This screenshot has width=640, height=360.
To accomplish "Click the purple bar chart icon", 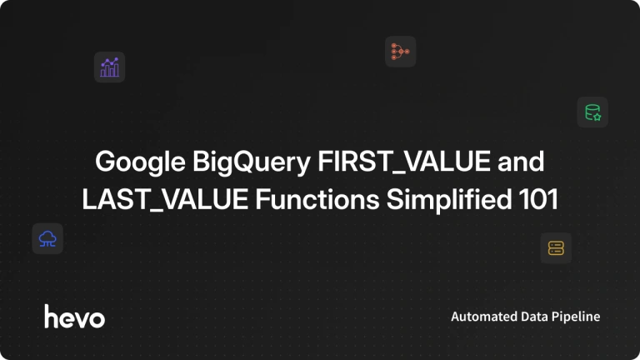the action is coord(109,67).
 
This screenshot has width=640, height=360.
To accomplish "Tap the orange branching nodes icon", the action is coord(400,52).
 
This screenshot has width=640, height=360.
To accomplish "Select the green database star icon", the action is coord(592,112).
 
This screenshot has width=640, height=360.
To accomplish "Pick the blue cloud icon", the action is coord(47,239).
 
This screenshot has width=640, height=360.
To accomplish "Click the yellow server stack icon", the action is coord(556,248).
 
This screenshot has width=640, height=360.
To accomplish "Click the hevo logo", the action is coord(75,317).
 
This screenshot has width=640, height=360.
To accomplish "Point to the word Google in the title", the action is coord(140,162).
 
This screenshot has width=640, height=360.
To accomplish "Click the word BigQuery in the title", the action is coord(252,162).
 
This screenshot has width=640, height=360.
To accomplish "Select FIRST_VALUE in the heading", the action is coord(404,162).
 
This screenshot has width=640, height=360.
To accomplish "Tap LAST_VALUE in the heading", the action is coord(165,200).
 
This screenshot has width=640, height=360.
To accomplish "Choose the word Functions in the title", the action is coord(317,200).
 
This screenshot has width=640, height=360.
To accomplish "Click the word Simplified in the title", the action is coord(449,200).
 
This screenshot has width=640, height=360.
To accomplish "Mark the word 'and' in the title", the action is coord(521,161).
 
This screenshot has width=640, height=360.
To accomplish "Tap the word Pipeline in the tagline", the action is coord(576,317).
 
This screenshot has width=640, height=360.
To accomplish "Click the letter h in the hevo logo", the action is coord(52,316).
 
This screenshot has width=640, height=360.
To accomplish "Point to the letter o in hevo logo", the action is coord(97,319).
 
